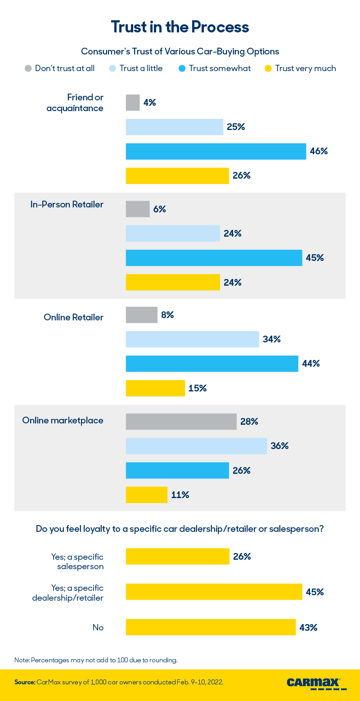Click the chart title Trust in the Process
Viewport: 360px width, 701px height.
click(180, 27)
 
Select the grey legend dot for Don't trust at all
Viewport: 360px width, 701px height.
click(28, 68)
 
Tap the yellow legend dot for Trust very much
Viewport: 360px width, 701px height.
click(268, 68)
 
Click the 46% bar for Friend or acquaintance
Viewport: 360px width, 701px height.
click(216, 151)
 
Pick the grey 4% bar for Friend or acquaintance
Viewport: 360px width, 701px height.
click(133, 103)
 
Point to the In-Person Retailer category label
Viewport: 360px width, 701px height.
click(67, 205)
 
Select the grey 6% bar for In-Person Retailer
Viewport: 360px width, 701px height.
click(138, 209)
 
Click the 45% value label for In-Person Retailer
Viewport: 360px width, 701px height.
click(315, 258)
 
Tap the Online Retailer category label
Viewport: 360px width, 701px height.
click(73, 317)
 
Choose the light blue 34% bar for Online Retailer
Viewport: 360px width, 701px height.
click(192, 339)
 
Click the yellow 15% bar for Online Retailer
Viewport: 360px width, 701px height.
click(155, 388)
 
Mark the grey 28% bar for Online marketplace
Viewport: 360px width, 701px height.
click(181, 422)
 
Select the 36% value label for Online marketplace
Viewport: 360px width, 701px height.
click(279, 446)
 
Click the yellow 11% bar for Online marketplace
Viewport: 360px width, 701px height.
click(146, 495)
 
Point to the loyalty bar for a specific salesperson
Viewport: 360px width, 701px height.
click(177, 556)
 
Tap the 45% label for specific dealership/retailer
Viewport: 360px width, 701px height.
click(315, 592)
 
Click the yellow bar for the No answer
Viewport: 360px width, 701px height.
click(211, 627)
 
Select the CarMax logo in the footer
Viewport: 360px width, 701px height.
click(316, 683)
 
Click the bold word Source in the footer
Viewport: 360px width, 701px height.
click(24, 682)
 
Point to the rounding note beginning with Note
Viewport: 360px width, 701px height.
click(96, 660)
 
